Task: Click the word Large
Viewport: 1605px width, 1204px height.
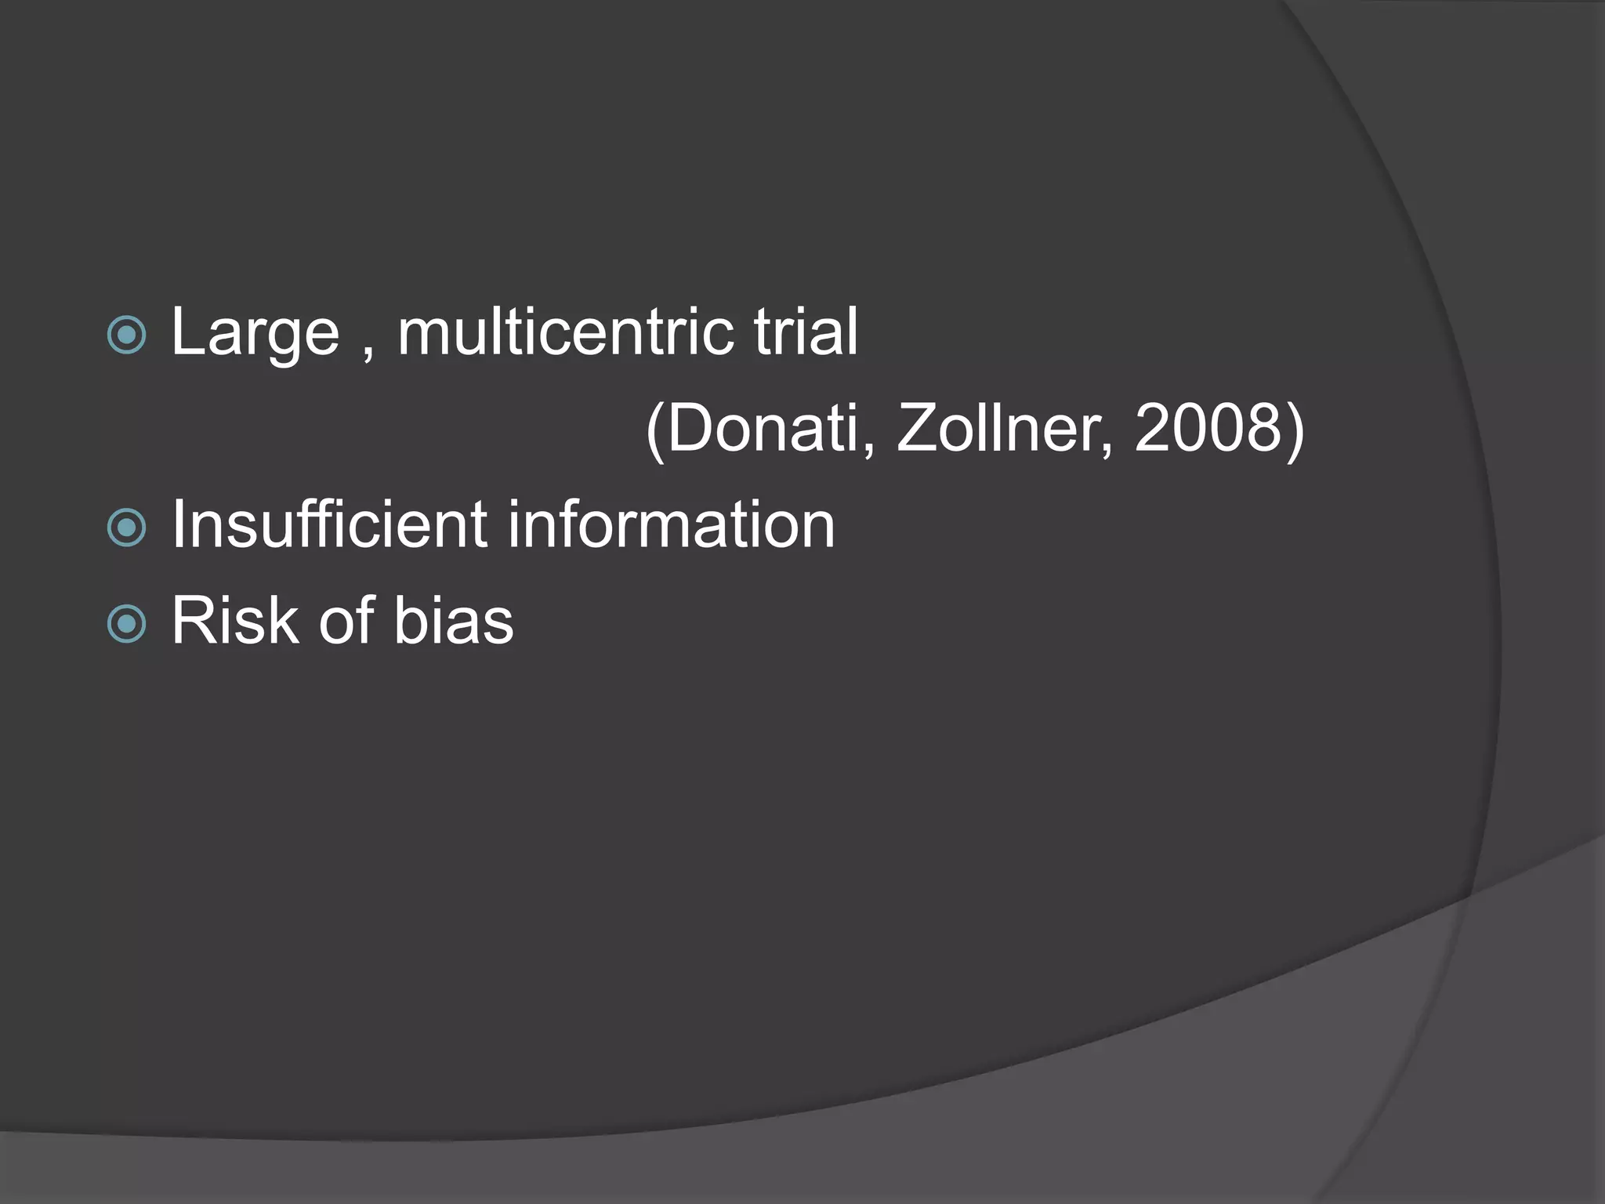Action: click(x=255, y=333)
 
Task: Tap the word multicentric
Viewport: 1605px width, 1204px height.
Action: click(x=565, y=332)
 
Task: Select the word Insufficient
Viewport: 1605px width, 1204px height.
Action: click(x=329, y=524)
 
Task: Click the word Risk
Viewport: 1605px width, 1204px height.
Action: click(x=235, y=621)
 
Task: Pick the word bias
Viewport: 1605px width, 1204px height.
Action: click(x=454, y=621)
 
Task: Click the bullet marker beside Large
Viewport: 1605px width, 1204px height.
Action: click(x=126, y=335)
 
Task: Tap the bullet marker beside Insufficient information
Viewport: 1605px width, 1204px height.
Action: click(x=126, y=528)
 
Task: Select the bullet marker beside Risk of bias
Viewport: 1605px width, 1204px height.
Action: click(x=126, y=624)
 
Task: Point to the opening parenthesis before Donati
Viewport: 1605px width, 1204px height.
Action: click(x=655, y=431)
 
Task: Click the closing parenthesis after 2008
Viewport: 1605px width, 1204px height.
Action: click(x=1295, y=431)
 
